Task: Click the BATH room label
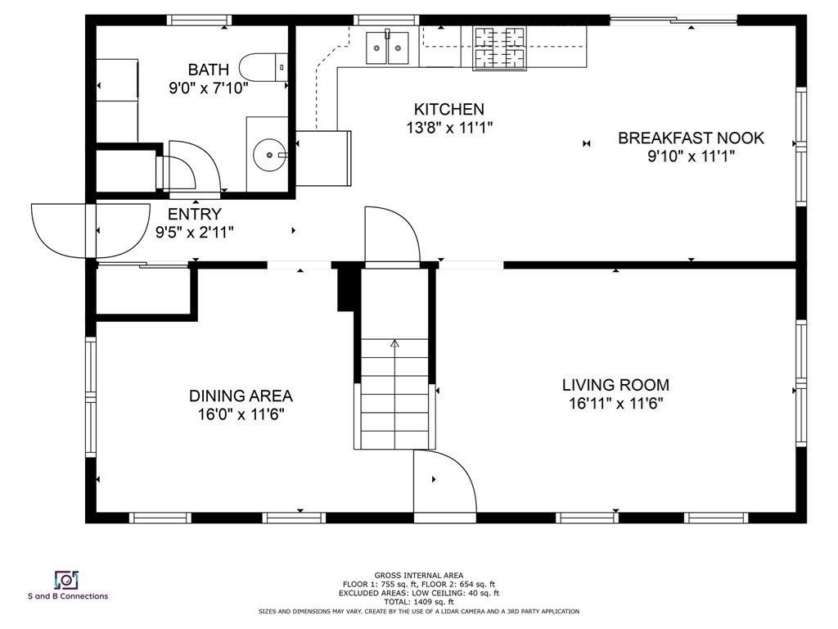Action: (209, 70)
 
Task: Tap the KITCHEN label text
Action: (449, 109)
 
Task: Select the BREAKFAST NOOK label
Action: (691, 138)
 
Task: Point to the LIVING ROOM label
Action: (615, 385)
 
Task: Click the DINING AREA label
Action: (241, 396)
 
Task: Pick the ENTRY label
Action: (195, 214)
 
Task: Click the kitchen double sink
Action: (387, 48)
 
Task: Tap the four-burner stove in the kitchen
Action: (499, 48)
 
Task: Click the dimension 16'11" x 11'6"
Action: (615, 403)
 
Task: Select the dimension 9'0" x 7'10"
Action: (209, 88)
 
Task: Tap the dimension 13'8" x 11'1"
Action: (449, 128)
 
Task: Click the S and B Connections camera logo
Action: (67, 580)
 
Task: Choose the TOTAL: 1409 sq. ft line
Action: (418, 602)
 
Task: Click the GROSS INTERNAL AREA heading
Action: (418, 576)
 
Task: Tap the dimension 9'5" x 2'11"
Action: (195, 233)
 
